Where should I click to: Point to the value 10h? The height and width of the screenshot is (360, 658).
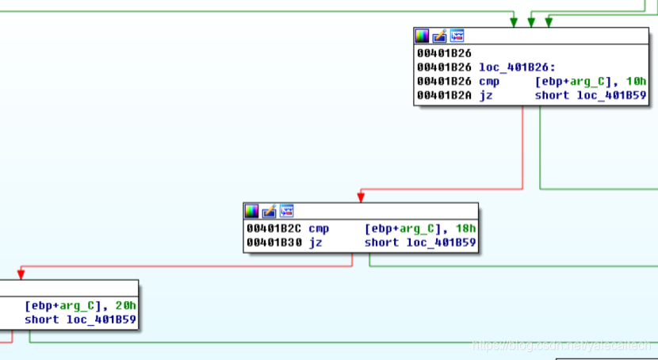tap(637, 81)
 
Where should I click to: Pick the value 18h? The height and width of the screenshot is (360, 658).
tap(466, 228)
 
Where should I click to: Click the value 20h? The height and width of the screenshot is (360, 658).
tap(126, 305)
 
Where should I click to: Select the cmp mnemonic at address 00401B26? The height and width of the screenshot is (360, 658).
tap(489, 81)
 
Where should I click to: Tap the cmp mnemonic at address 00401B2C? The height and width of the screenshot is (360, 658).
tap(319, 228)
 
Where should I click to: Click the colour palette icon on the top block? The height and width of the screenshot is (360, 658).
tap(423, 36)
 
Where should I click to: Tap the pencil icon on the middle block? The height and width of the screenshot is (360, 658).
tap(270, 211)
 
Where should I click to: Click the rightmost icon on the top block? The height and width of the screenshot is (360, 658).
tap(457, 36)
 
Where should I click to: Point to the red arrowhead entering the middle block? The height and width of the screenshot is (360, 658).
tap(362, 197)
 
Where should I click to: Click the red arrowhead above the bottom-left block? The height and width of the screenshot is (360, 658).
tap(21, 274)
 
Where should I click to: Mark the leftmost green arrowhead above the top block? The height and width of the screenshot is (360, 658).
tap(515, 21)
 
